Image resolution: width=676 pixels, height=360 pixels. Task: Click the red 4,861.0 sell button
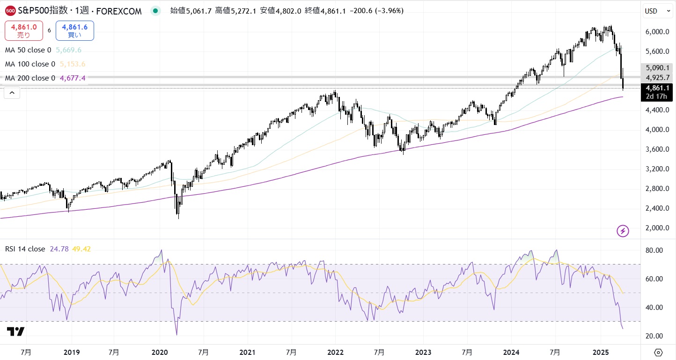coord(23,30)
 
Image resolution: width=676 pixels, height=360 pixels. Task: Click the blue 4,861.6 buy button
coord(74,30)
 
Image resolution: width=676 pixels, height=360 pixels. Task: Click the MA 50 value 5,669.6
coord(69,50)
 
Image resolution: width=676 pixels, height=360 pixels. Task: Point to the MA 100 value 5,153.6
coord(72,64)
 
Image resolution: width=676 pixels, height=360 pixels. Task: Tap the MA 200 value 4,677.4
coord(73,78)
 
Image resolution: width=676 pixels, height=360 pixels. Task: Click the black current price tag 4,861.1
coord(657,88)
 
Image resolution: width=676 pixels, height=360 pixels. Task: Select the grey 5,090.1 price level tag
coord(657,68)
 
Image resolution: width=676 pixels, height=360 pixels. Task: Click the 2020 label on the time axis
coord(160,352)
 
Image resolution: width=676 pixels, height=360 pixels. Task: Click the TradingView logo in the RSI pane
coord(16,331)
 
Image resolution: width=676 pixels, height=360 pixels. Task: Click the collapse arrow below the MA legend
coord(12,93)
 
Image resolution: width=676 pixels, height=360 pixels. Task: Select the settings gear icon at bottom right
coord(658,352)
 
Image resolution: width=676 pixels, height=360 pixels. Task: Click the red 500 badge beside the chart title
coord(11,11)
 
